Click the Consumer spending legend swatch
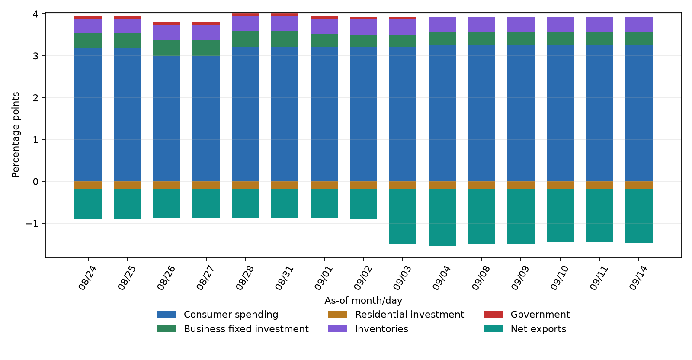click(x=167, y=315)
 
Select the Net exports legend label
click(x=538, y=329)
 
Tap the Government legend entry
click(x=526, y=315)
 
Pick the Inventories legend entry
click(x=368, y=329)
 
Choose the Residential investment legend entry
click(x=396, y=315)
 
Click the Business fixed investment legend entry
click(x=233, y=329)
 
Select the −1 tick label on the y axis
click(x=32, y=223)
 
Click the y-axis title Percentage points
click(x=16, y=135)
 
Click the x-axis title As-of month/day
click(x=363, y=300)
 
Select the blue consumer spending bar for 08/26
click(x=167, y=119)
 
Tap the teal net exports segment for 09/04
click(x=442, y=217)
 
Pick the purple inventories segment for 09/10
click(x=560, y=25)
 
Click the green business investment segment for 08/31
click(x=285, y=39)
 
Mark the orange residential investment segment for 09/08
click(x=482, y=185)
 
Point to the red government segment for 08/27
click(x=206, y=23)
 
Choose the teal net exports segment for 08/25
click(x=127, y=204)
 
